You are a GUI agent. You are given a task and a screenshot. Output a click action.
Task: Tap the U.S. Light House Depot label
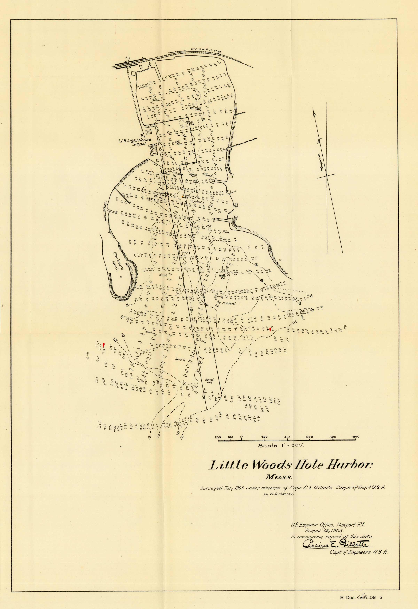[134, 142]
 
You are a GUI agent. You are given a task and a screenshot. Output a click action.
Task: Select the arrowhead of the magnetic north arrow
[313, 111]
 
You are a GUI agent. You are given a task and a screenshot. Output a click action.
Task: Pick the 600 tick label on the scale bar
[310, 437]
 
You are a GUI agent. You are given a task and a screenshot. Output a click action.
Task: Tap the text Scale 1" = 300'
[281, 445]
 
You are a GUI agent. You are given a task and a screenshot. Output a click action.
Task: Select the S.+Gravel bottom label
[229, 304]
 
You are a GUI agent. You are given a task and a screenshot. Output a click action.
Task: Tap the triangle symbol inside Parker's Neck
[121, 277]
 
